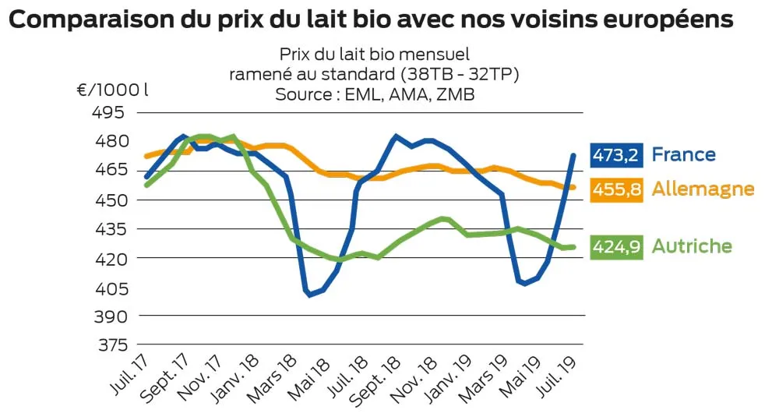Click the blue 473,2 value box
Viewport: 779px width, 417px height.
point(615,155)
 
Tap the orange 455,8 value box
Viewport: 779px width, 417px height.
point(615,189)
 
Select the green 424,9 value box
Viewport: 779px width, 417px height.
point(615,247)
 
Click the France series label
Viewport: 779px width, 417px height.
point(683,154)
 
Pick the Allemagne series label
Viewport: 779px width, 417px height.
point(703,189)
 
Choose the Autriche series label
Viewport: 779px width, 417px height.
point(692,246)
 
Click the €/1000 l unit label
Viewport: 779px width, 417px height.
point(112,89)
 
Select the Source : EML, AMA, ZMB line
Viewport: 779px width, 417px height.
point(374,94)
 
